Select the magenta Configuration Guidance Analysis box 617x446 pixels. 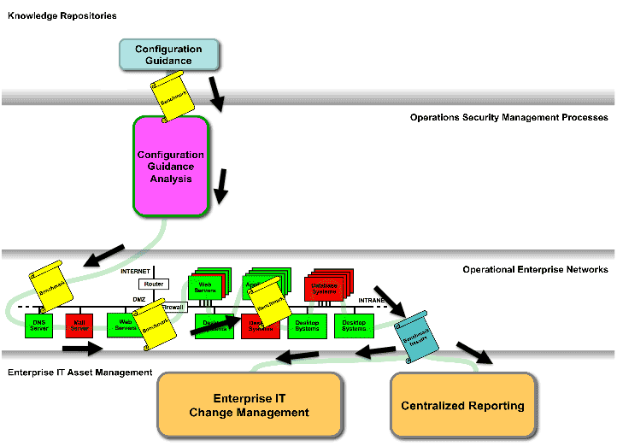(171, 167)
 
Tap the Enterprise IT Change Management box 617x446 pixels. (249, 406)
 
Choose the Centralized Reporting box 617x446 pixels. (462, 406)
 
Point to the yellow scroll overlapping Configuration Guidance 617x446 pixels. (172, 96)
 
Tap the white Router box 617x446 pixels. (154, 284)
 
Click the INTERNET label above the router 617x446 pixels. (135, 271)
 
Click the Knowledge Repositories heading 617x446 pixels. (62, 16)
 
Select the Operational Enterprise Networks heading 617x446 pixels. (535, 269)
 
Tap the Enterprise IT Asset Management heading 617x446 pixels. (79, 373)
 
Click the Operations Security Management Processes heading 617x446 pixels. (508, 117)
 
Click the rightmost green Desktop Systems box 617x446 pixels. (354, 326)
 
